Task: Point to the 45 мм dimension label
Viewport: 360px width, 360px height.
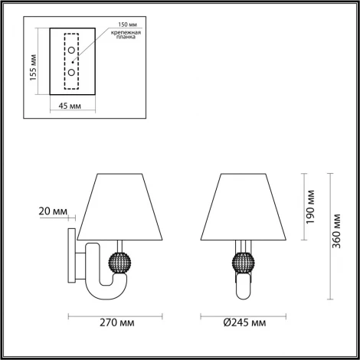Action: point(70,106)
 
